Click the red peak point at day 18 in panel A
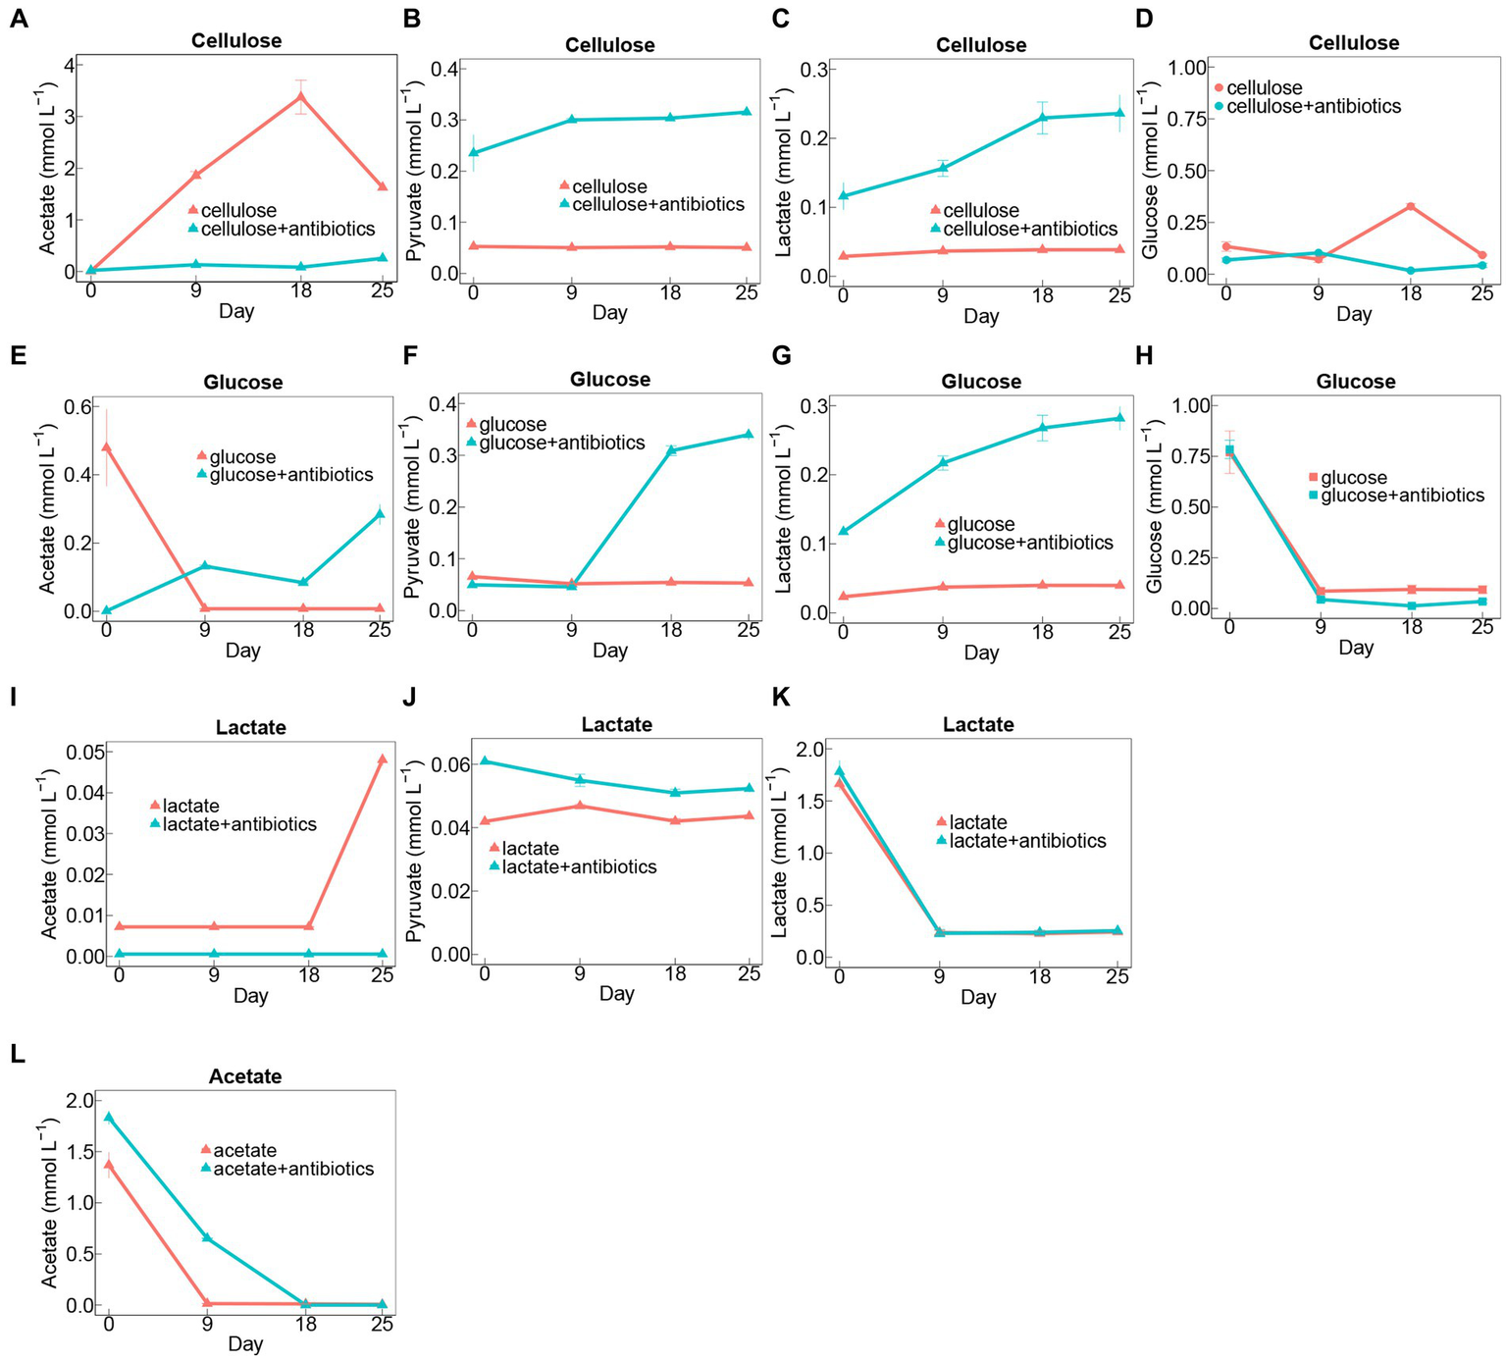[301, 96]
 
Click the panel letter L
[17, 1054]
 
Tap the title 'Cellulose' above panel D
[1353, 43]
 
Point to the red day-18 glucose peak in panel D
[1411, 206]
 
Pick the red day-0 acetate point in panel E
[106, 447]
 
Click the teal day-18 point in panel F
[671, 450]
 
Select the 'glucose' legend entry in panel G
[980, 524]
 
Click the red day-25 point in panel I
[382, 758]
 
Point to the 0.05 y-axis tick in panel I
[83, 753]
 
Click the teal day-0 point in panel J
[484, 761]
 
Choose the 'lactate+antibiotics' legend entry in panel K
[1026, 841]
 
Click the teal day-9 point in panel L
[207, 1237]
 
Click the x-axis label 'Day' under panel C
[980, 316]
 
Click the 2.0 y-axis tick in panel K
[813, 750]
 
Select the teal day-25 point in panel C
[1119, 113]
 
